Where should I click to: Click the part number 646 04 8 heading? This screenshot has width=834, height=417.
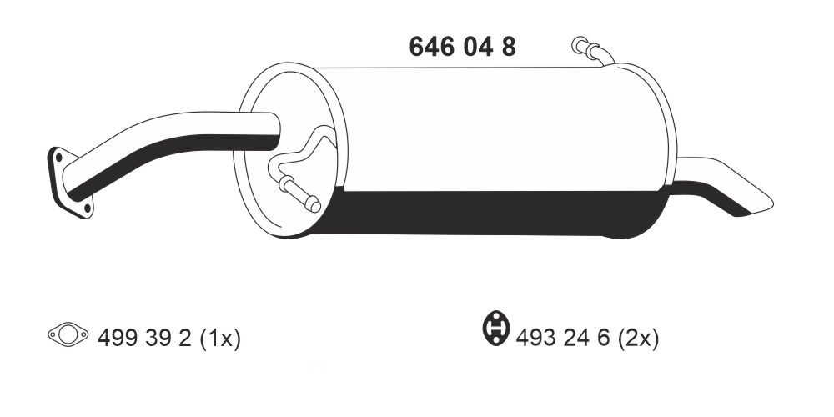pyautogui.click(x=462, y=47)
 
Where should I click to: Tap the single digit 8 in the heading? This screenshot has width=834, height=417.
pyautogui.click(x=508, y=47)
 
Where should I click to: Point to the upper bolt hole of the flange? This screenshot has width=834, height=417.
pyautogui.click(x=58, y=155)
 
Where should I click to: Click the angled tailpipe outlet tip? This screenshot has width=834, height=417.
pyautogui.click(x=734, y=188)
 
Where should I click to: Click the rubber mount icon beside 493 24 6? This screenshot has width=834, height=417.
pyautogui.click(x=496, y=329)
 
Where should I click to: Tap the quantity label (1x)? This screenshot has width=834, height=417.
pyautogui.click(x=219, y=338)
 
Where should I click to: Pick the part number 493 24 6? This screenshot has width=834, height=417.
pyautogui.click(x=564, y=338)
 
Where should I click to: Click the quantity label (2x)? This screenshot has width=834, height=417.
pyautogui.click(x=638, y=338)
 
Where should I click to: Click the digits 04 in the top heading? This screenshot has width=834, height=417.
pyautogui.click(x=475, y=47)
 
